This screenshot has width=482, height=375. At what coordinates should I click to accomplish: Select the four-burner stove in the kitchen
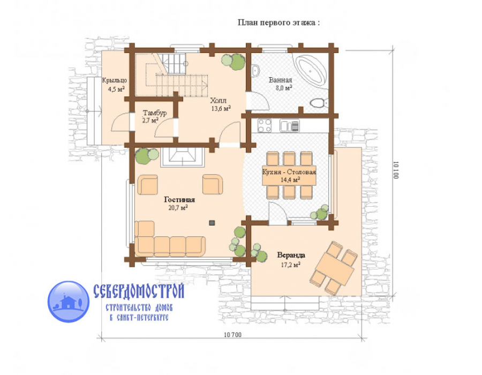265,125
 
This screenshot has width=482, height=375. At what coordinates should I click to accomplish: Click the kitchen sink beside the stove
289,126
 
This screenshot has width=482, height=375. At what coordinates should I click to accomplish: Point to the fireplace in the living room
182,157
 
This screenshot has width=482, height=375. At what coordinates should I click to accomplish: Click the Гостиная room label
179,200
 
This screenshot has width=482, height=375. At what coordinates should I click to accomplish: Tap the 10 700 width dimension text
232,335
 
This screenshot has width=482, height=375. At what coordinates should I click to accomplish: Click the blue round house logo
69,302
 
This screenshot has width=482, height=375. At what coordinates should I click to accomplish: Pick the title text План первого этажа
278,22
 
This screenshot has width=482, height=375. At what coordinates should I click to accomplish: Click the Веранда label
291,255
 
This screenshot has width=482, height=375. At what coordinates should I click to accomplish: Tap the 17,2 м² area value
290,265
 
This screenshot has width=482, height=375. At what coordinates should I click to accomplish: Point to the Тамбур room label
155,113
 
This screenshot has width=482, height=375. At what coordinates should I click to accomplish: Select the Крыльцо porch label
115,80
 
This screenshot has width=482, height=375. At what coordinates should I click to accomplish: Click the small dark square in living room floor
212,223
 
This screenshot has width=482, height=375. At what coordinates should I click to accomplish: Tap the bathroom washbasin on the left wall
256,71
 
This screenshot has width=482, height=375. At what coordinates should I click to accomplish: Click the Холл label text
219,101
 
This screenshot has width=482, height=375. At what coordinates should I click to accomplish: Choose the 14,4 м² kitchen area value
290,179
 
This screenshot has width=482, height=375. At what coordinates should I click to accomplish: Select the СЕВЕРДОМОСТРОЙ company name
139,290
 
